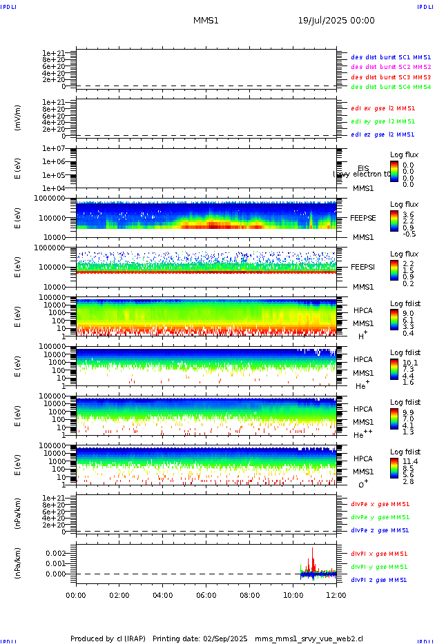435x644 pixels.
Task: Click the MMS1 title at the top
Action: tap(206, 21)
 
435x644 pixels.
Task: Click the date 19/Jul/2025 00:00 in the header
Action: tap(336, 21)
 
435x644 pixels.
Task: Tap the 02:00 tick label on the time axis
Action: tap(119, 594)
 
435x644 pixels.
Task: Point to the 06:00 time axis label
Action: tap(206, 594)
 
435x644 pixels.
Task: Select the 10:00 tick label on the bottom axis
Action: tap(293, 594)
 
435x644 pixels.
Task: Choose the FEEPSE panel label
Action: tap(363, 217)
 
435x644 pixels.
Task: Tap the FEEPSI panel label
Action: tap(363, 266)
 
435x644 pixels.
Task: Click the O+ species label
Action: tap(362, 483)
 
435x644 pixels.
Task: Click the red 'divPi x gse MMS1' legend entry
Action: tap(379, 553)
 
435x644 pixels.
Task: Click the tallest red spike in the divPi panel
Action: tap(313, 550)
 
